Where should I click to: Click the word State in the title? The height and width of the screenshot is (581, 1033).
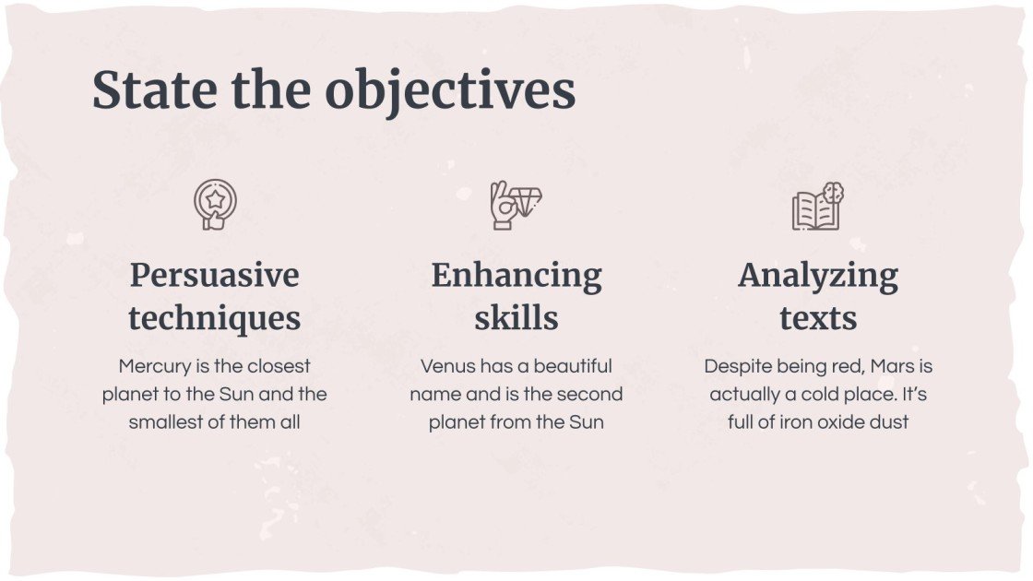click(x=155, y=90)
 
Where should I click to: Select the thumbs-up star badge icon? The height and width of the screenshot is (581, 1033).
click(x=215, y=205)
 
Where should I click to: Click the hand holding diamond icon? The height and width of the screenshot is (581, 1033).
click(x=516, y=205)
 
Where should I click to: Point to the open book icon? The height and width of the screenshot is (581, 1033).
click(x=818, y=207)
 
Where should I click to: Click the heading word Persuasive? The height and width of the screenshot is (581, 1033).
click(x=215, y=275)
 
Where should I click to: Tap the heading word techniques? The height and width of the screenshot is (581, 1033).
click(x=215, y=318)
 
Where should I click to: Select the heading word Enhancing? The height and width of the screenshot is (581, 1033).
click(x=516, y=275)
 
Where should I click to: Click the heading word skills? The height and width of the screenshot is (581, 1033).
click(x=516, y=318)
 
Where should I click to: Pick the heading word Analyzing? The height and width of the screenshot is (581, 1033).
click(x=818, y=275)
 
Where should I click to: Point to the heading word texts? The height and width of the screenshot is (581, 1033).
click(x=818, y=318)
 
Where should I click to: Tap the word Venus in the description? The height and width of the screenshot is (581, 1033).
click(x=448, y=366)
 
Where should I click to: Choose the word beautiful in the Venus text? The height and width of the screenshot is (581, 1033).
click(x=573, y=366)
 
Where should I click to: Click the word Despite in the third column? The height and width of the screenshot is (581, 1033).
click(x=735, y=366)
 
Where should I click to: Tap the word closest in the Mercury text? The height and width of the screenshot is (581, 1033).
click(x=279, y=366)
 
